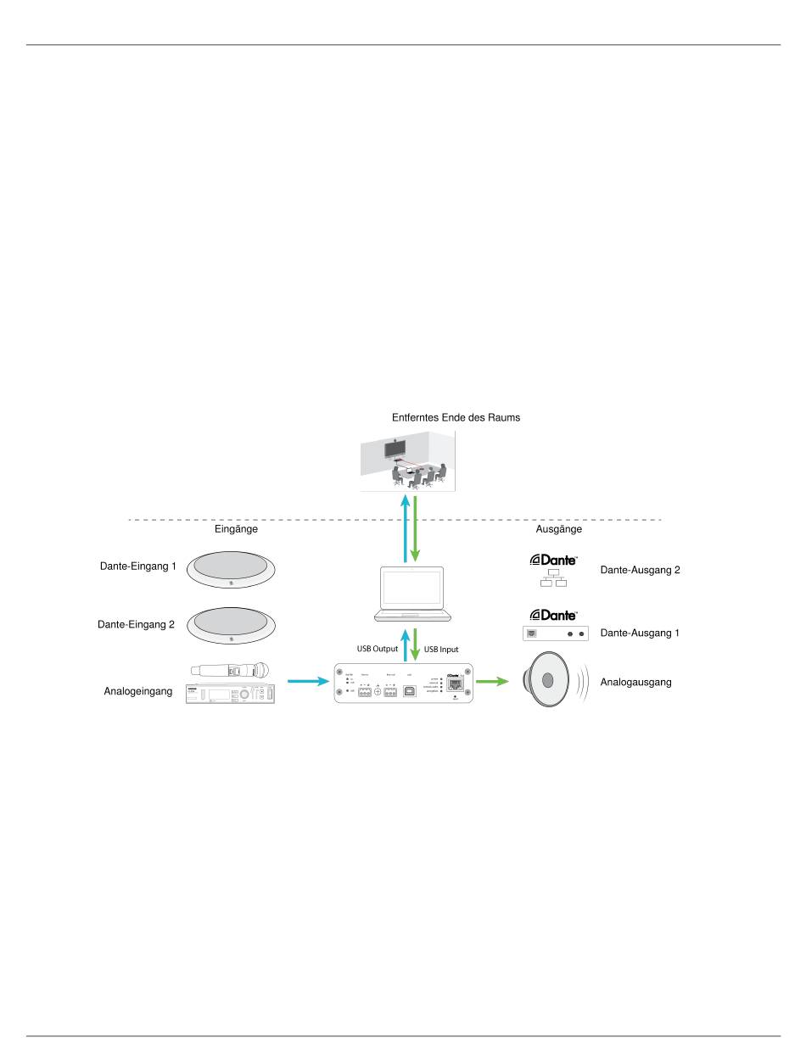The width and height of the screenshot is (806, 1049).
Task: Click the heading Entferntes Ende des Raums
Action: point(456,417)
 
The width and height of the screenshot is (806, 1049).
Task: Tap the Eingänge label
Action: point(236,528)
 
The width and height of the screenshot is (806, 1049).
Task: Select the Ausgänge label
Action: point(559,528)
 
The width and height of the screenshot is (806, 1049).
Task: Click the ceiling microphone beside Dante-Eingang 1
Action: point(232,570)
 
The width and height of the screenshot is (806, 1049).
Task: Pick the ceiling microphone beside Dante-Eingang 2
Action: point(232,625)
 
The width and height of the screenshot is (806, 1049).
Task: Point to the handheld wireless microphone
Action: point(231,670)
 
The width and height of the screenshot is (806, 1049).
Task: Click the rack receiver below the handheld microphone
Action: point(231,693)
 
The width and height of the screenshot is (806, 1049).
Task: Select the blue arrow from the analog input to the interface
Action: point(307,681)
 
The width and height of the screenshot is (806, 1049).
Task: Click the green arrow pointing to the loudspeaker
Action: point(492,681)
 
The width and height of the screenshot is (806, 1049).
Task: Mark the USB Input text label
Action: point(441,650)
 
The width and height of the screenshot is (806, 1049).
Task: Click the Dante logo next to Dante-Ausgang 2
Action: point(553,560)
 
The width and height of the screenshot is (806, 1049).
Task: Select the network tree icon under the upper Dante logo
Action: point(553,580)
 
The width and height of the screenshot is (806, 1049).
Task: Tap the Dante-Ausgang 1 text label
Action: point(640,633)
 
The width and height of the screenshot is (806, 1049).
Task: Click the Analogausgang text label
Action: point(635,681)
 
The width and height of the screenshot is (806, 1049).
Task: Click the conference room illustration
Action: point(407,460)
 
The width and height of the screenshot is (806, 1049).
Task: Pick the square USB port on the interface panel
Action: point(409,692)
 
